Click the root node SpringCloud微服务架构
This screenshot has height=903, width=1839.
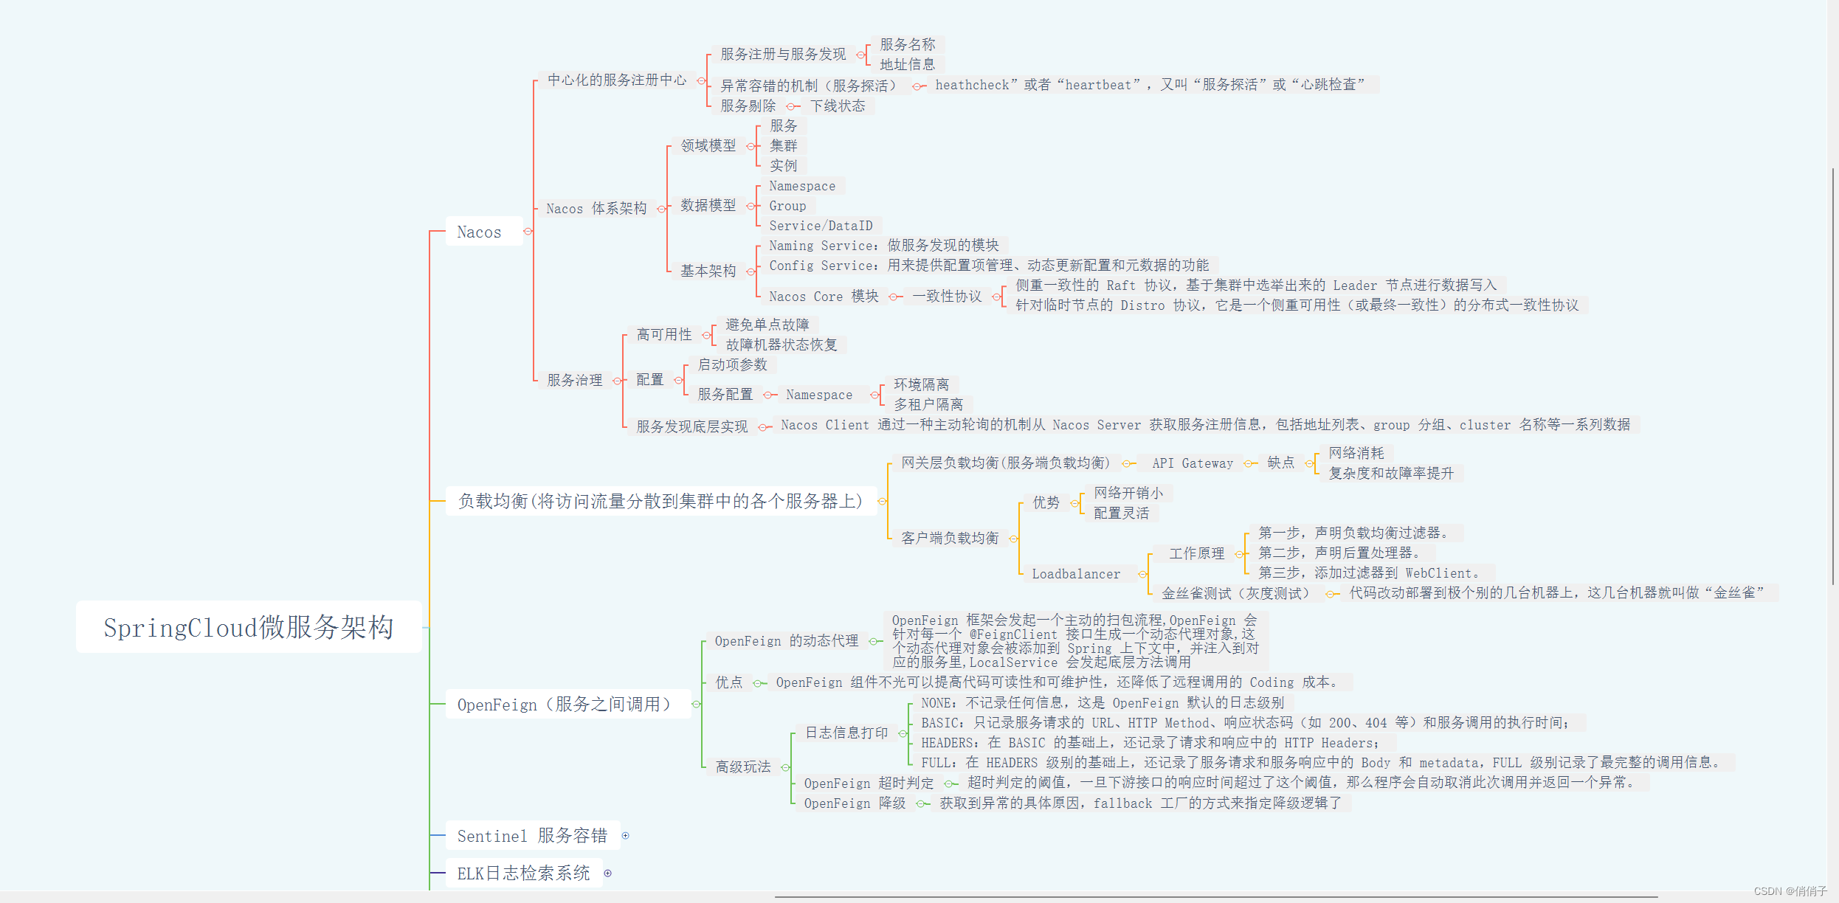point(249,627)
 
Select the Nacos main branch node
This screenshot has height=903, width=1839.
point(479,232)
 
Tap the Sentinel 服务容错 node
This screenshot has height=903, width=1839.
point(531,836)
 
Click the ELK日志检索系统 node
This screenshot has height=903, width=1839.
point(523,873)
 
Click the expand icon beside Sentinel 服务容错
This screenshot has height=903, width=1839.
point(626,836)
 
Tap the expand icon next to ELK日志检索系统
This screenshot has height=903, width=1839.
point(608,873)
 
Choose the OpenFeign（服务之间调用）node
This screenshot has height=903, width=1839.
point(565,705)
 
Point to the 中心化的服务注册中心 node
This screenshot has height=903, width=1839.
point(617,80)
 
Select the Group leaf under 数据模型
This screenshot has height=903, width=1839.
point(787,206)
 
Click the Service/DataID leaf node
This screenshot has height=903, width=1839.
point(821,226)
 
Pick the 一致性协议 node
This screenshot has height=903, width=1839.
point(947,297)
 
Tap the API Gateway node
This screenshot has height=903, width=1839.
point(1193,463)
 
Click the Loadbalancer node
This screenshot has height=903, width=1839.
point(1076,574)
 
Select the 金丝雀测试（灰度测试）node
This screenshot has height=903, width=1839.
point(1235,593)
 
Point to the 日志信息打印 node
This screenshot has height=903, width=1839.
point(846,733)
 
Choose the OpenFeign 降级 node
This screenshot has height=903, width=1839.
point(855,803)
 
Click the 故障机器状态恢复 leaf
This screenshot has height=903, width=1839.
point(782,345)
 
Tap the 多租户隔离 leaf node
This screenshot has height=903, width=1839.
point(928,404)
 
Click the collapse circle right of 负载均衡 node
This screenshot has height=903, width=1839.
point(882,502)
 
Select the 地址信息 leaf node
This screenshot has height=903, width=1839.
point(907,64)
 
